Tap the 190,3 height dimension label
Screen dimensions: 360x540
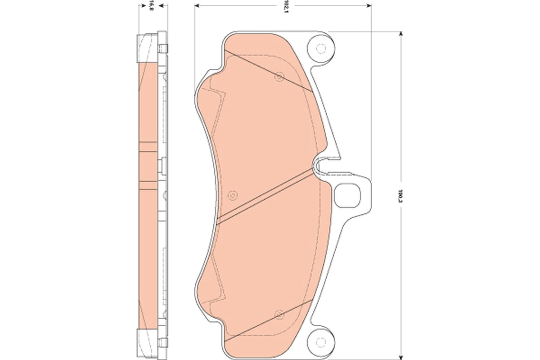[400, 197]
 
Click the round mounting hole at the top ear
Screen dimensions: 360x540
[320, 48]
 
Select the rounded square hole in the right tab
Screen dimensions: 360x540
[348, 196]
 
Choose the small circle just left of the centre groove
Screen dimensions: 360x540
[232, 195]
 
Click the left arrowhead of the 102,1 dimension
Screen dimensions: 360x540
[197, 6]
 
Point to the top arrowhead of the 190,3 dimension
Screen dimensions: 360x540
[400, 34]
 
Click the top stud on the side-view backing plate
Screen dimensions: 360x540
[163, 48]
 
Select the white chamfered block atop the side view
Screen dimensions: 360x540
[147, 48]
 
